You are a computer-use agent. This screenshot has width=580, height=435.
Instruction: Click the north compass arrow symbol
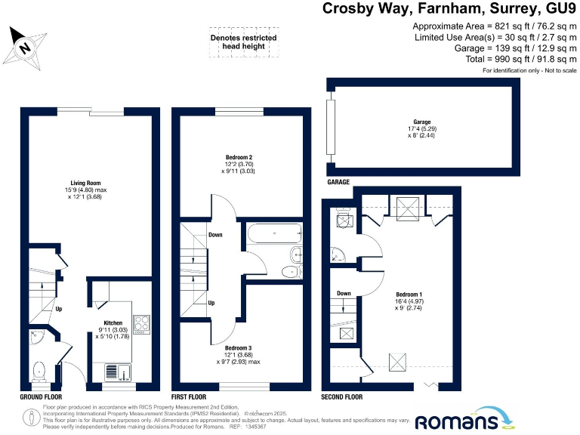click(x=26, y=46)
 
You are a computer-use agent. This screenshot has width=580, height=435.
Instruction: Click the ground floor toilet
click(x=39, y=370)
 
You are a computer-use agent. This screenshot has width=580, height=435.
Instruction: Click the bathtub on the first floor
click(x=273, y=233)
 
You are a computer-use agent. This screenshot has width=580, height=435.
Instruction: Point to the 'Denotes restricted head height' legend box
click(x=243, y=43)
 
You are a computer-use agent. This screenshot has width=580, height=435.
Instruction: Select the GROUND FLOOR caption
click(x=41, y=396)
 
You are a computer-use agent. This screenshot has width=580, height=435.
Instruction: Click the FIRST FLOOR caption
click(x=190, y=396)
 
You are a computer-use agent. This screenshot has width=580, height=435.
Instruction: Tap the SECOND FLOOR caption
click(x=342, y=396)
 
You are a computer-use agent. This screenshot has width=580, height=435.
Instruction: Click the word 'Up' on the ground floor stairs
click(x=58, y=309)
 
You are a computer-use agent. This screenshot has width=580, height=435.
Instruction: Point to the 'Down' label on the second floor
click(x=344, y=293)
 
